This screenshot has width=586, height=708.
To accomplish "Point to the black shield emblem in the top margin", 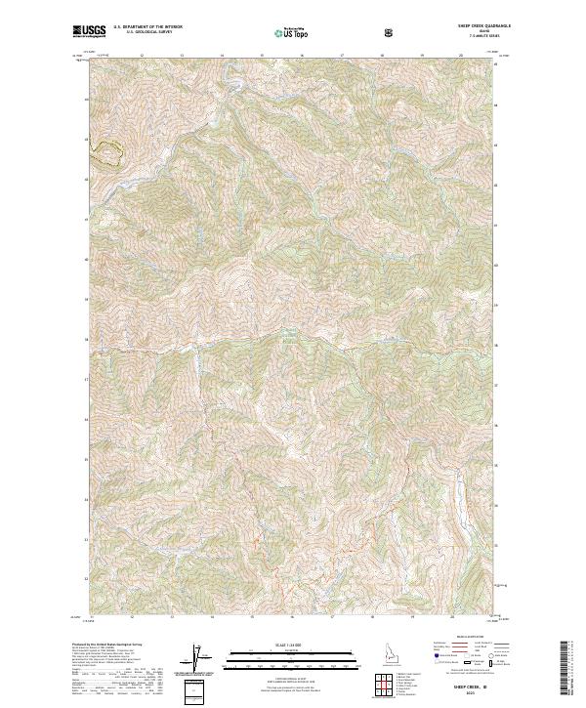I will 391,32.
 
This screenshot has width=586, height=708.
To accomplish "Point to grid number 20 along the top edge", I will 460,56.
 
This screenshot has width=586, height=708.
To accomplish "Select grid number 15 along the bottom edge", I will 252,617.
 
